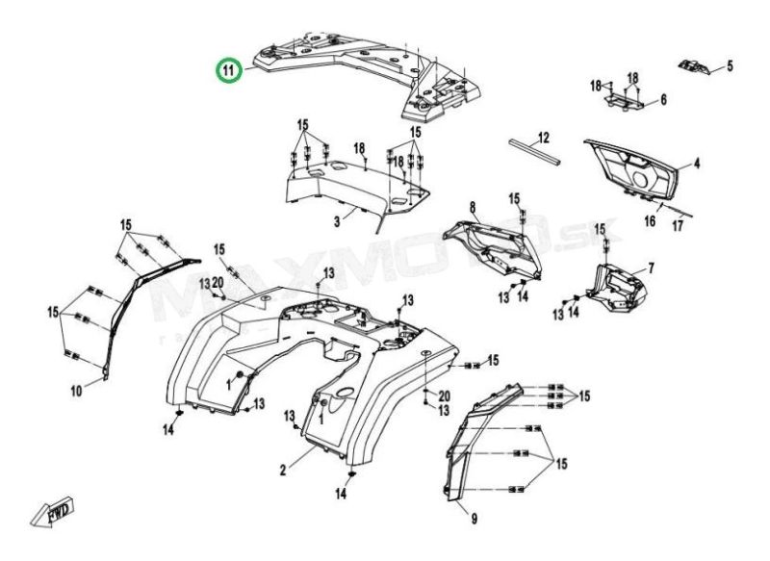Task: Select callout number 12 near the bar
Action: tap(542, 136)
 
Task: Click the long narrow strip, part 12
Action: tap(532, 152)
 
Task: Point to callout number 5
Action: tap(729, 66)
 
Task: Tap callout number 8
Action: tap(473, 208)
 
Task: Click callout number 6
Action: tap(662, 99)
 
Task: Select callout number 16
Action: tap(650, 220)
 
